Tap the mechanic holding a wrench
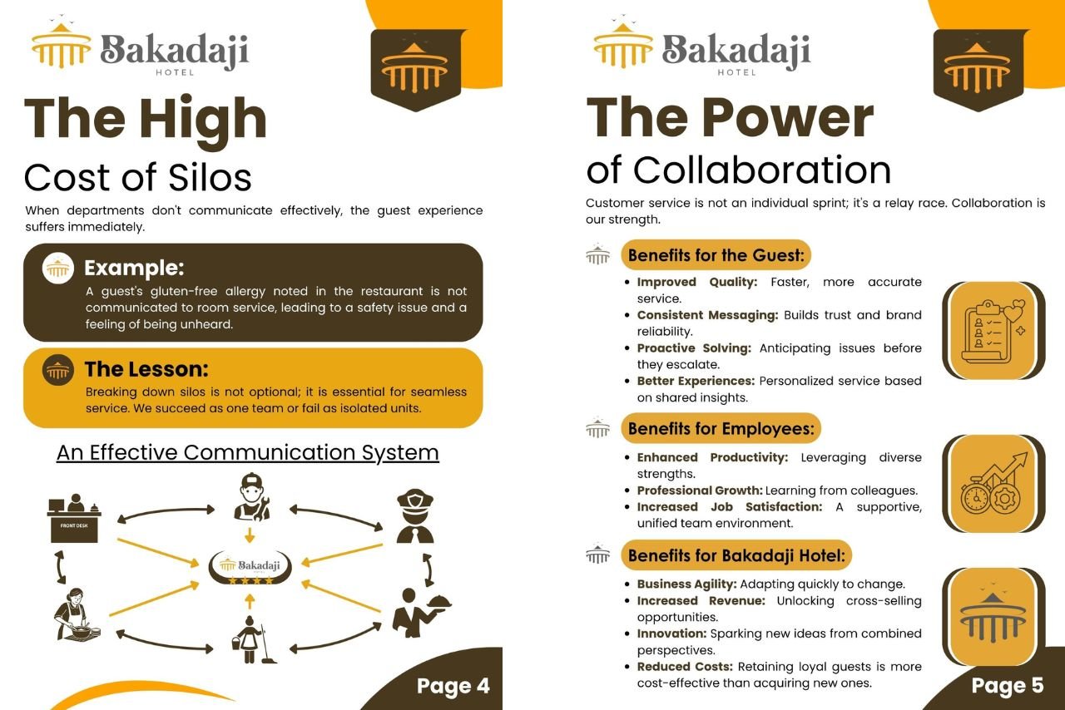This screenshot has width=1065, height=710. [252, 496]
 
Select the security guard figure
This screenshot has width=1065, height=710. [415, 516]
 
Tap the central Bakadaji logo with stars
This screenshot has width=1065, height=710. [250, 568]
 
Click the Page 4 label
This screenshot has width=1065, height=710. [453, 686]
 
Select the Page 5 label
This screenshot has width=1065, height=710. [1007, 686]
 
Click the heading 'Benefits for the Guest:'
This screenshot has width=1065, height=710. [716, 255]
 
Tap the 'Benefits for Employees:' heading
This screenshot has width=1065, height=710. [721, 429]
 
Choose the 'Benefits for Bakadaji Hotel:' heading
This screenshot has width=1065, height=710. [736, 555]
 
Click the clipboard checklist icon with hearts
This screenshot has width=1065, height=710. [993, 331]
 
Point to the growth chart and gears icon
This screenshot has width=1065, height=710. [993, 484]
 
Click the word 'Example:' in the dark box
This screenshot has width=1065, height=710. [134, 268]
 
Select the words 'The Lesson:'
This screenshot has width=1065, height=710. [146, 369]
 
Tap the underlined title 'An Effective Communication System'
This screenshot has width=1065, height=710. [248, 452]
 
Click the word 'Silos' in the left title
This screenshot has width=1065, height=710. [210, 178]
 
